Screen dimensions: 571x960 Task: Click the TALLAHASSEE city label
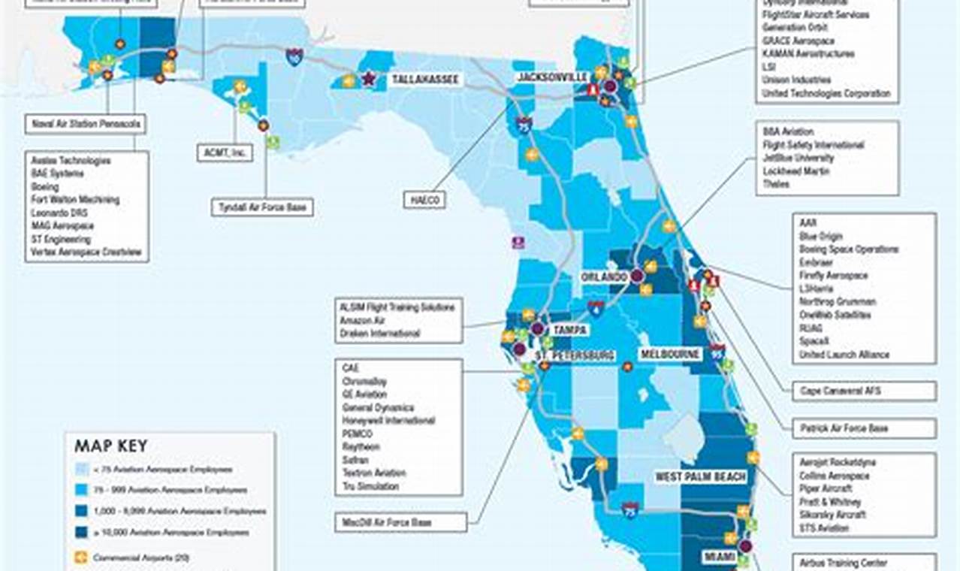[424, 79]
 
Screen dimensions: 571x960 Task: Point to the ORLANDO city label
[604, 277]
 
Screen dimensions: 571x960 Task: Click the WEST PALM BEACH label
[700, 477]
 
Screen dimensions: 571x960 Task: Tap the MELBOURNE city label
[670, 354]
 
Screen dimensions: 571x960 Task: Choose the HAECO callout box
[424, 200]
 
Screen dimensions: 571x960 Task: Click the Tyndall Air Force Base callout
[261, 207]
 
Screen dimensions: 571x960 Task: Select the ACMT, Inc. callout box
[224, 153]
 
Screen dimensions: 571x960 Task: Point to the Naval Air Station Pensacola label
[86, 123]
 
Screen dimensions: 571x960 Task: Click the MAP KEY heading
[110, 446]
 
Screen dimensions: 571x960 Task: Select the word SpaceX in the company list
[814, 341]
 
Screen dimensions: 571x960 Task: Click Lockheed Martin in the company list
[796, 171]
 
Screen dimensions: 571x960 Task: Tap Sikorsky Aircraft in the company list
[832, 515]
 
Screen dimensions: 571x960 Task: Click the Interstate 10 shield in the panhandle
[294, 56]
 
